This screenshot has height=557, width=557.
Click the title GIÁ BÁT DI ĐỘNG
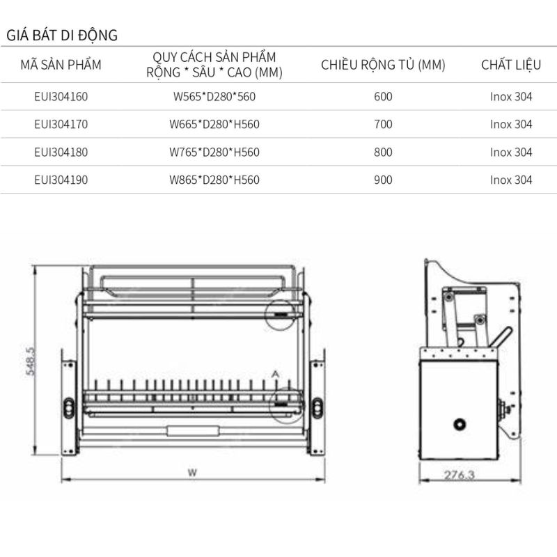tap(62, 35)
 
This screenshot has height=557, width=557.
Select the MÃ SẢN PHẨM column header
tap(61, 65)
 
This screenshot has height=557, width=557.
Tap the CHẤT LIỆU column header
tap(510, 65)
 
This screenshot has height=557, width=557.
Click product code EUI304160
tap(61, 97)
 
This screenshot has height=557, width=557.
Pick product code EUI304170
tap(61, 125)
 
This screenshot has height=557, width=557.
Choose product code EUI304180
tap(61, 152)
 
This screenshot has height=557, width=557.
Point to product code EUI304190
tap(61, 180)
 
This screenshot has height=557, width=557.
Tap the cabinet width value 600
tap(383, 97)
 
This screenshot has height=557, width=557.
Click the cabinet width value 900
tap(383, 180)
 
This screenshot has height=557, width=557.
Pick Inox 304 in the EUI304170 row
tap(510, 125)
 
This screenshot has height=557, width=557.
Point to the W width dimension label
tap(192, 472)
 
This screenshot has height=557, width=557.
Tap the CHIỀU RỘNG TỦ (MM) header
tap(383, 65)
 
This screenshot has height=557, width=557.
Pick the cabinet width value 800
tap(383, 152)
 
